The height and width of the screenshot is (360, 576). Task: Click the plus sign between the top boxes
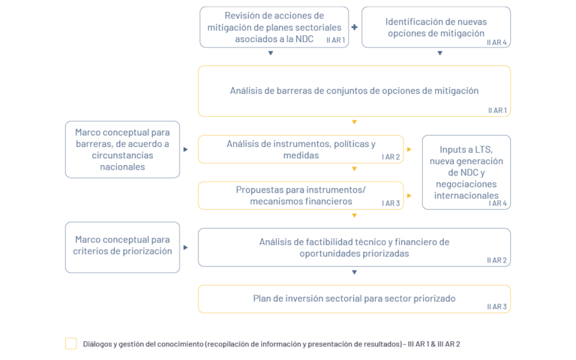[x=354, y=27]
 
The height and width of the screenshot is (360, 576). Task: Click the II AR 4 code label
[x=496, y=43]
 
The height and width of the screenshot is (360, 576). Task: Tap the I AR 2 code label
[x=391, y=157]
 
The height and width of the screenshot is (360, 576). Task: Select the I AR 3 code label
[x=391, y=203]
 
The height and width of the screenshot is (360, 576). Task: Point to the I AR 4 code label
[x=498, y=203]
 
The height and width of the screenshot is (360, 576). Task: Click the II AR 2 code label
[x=496, y=260]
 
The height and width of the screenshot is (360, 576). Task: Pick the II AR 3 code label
[x=496, y=307]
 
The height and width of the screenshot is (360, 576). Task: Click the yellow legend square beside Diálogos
[x=71, y=343]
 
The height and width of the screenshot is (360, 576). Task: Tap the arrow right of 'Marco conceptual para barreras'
[x=185, y=149]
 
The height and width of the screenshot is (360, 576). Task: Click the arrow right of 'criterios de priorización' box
[x=185, y=247]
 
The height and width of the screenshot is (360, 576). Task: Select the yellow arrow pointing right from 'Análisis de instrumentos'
[x=409, y=149]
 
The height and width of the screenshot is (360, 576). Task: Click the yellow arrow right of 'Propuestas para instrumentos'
[x=409, y=196]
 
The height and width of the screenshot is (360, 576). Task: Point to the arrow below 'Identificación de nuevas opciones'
[x=439, y=53]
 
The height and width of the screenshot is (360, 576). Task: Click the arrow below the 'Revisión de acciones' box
[x=271, y=53]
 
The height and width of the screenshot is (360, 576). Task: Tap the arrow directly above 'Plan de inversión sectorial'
[x=354, y=272]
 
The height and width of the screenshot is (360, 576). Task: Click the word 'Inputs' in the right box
[x=451, y=150]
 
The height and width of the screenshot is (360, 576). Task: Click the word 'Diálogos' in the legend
[x=97, y=344]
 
